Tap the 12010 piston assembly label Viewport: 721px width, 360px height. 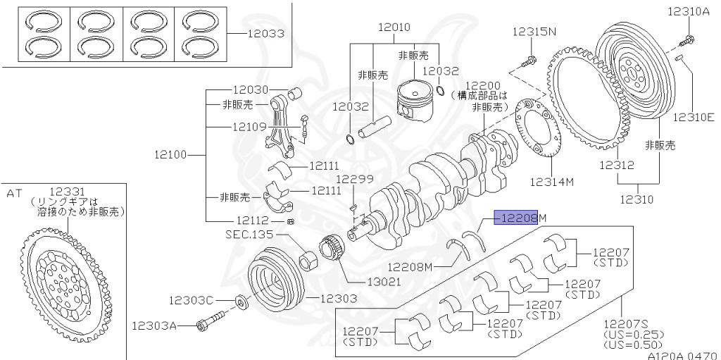click(x=394, y=28)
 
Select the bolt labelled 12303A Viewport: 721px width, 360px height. click(x=209, y=325)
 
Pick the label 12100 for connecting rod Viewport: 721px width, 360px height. click(x=171, y=154)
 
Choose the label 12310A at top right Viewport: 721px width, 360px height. click(x=690, y=11)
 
